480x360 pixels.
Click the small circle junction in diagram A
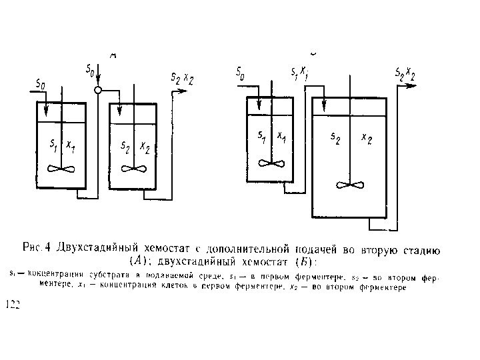97,90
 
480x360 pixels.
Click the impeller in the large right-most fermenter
349,183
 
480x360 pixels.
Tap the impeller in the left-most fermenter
61,168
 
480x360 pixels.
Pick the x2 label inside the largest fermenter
366,138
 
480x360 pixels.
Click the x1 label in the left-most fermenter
70,145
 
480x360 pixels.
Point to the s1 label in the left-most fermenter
53,145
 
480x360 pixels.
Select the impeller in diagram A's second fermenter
133,168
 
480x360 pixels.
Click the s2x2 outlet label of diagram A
182,79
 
